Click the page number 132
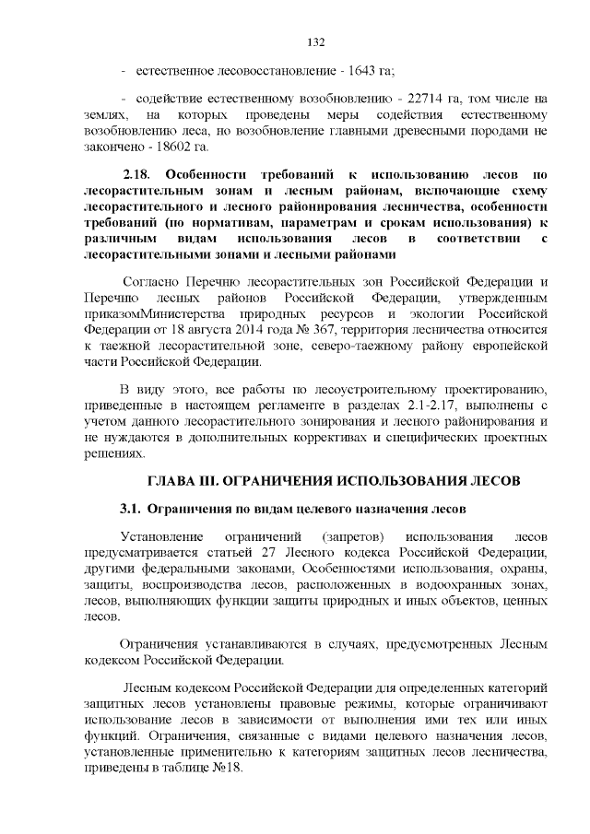(314, 41)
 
